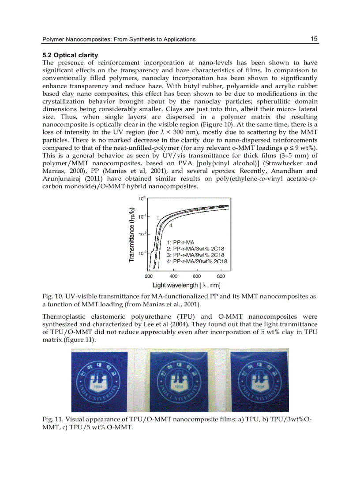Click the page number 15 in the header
click(x=314, y=39)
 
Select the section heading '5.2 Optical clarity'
click(x=70, y=56)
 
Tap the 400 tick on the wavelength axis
click(x=173, y=276)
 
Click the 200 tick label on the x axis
click(x=149, y=276)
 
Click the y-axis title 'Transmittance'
click(x=132, y=234)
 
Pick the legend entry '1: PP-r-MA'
click(x=181, y=242)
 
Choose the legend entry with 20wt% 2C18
click(x=197, y=261)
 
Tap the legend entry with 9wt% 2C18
click(x=196, y=255)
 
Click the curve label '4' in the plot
click(x=171, y=225)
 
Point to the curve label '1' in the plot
click(x=157, y=217)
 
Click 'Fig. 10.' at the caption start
click(x=51, y=297)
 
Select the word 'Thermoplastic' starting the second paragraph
click(x=62, y=317)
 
